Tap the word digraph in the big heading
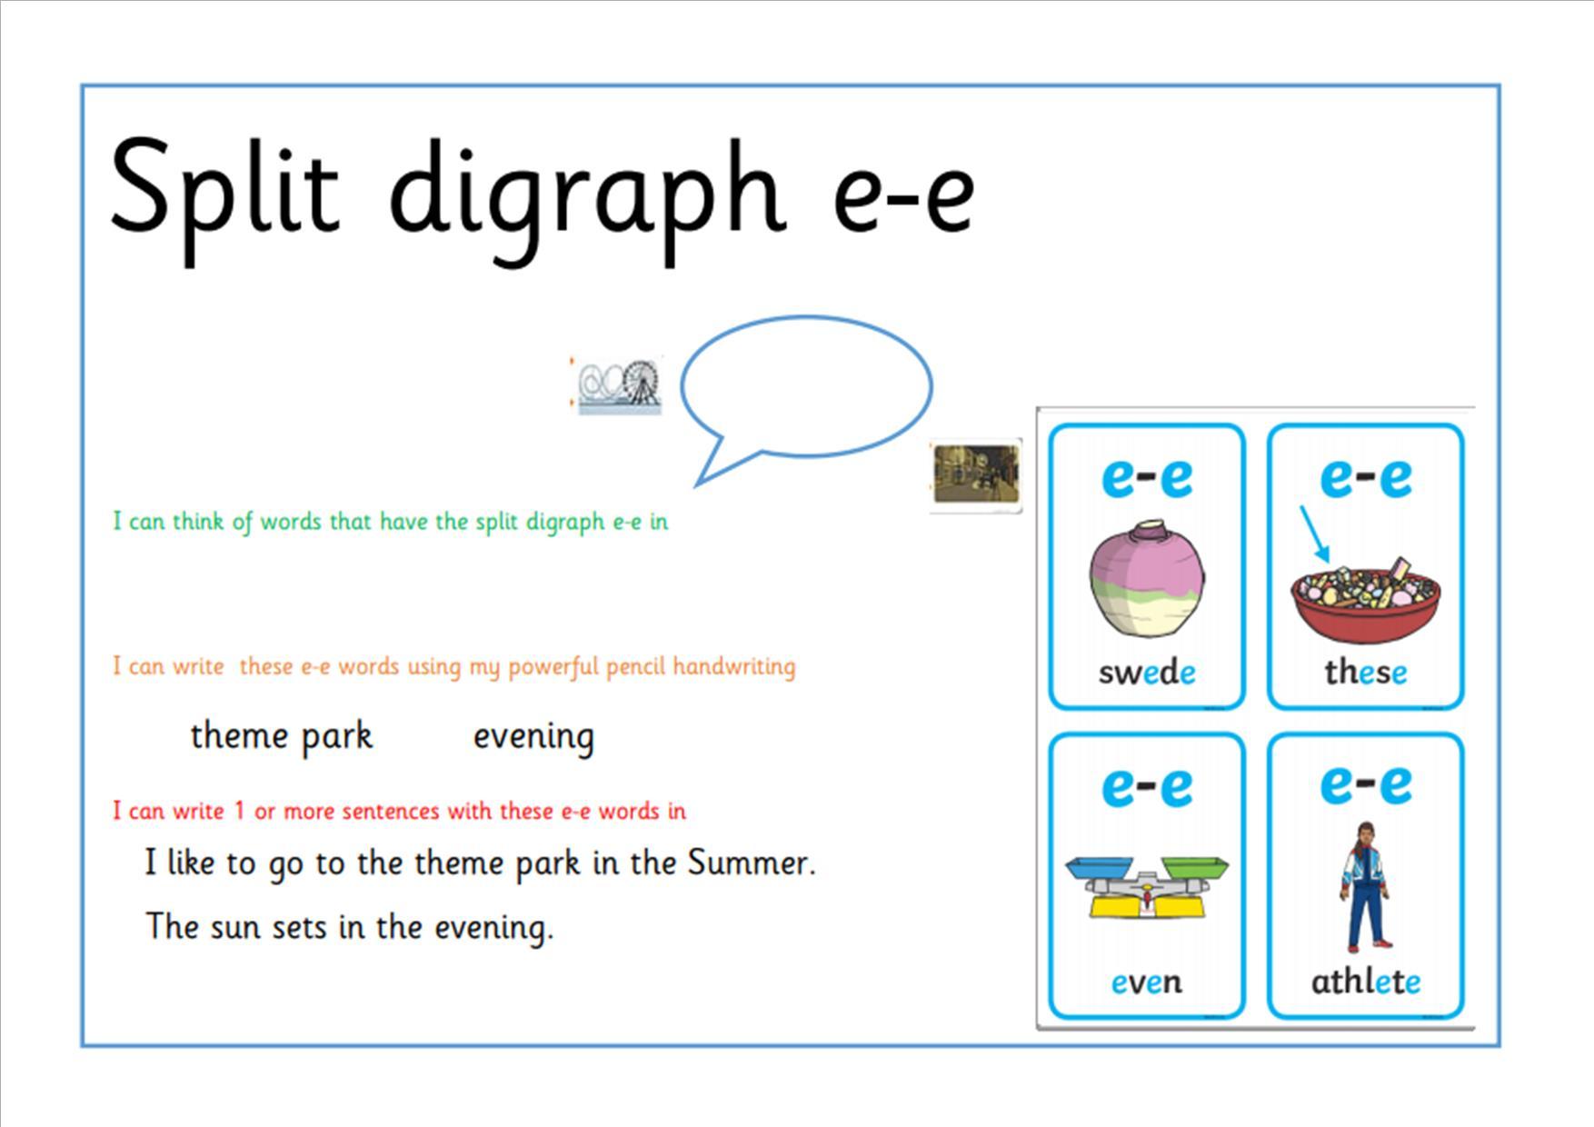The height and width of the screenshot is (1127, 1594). [587, 200]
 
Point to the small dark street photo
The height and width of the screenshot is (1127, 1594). [976, 474]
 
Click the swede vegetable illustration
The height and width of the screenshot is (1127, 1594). [1148, 578]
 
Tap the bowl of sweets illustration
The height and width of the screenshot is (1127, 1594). [1366, 600]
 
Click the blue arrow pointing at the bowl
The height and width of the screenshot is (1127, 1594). [1314, 534]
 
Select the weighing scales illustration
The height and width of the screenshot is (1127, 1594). [1147, 886]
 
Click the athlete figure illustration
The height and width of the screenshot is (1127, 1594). [1366, 886]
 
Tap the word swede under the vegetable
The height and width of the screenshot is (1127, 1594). [1147, 673]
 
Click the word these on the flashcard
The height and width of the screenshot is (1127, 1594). [1366, 673]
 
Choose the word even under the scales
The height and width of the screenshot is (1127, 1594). [1147, 982]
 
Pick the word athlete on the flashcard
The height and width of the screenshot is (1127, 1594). [1366, 982]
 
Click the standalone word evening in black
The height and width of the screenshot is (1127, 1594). [534, 737]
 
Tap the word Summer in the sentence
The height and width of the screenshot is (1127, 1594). [751, 863]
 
